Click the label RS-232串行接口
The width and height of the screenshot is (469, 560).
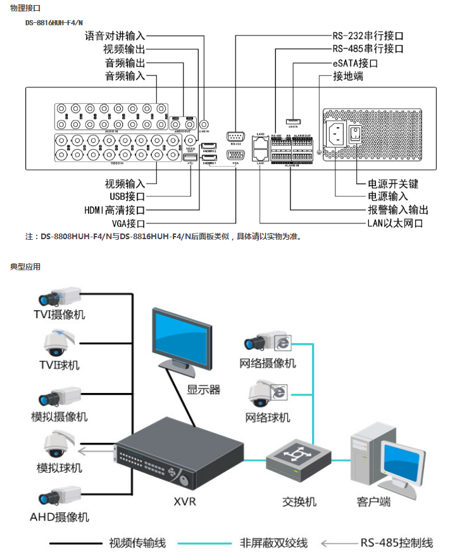coord(368,36)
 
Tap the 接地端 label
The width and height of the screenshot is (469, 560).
coord(348,77)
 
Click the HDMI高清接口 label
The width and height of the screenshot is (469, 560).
coord(115,210)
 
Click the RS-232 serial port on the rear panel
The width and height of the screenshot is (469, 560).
coord(235,135)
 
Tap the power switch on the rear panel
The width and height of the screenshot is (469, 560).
coord(356,134)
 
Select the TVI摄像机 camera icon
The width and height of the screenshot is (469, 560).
coord(59,296)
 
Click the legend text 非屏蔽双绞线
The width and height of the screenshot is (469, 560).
coord(273,543)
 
